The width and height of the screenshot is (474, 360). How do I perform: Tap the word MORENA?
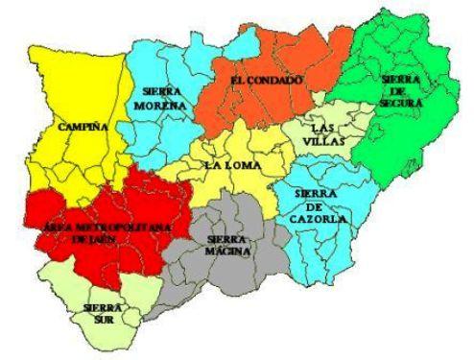[160, 104]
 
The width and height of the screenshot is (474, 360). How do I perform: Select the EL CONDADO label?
[267, 79]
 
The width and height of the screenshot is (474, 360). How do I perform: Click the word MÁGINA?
[228, 252]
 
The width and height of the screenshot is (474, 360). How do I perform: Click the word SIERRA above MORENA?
[160, 91]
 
